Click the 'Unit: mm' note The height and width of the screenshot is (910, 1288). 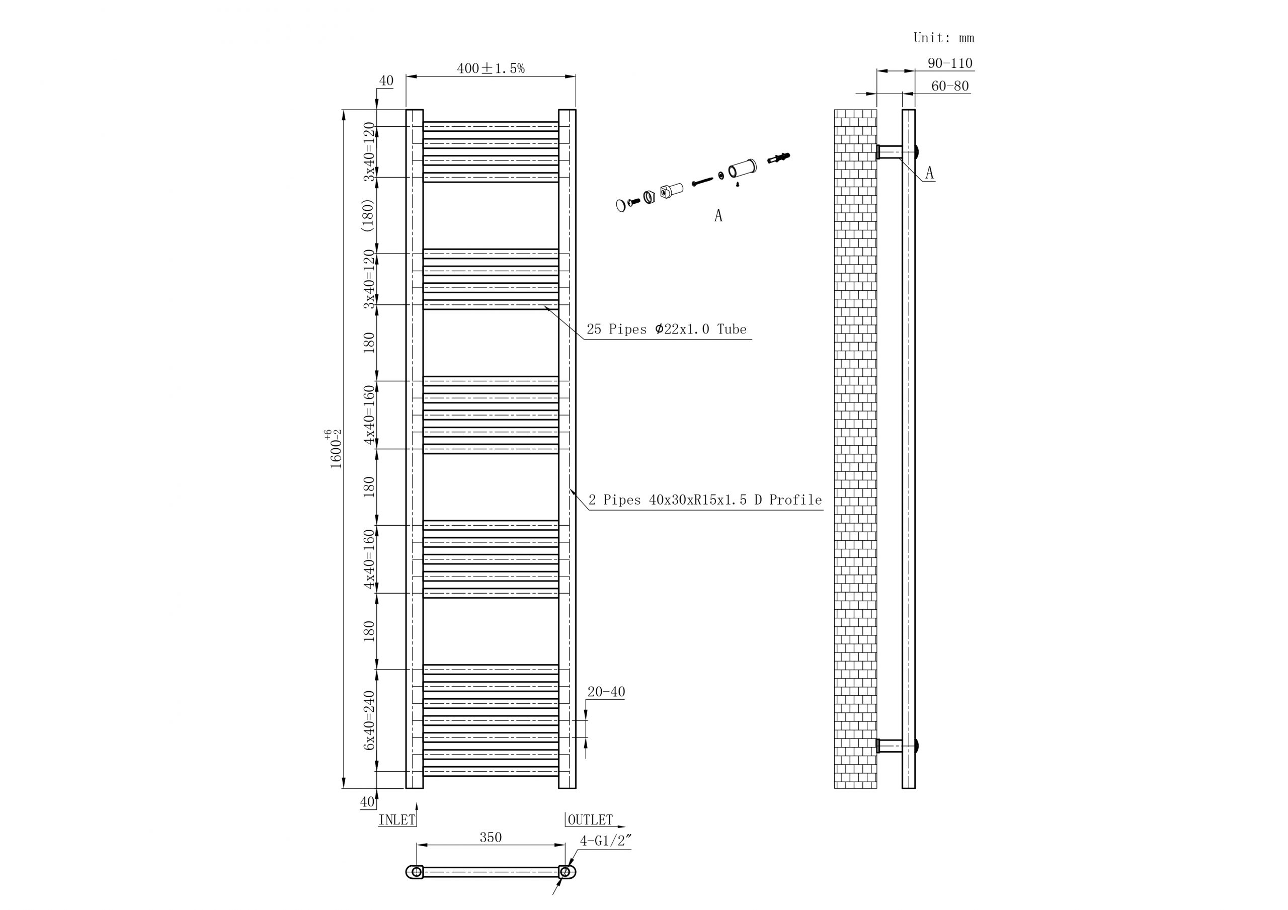pyautogui.click(x=943, y=38)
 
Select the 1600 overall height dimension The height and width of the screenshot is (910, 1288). pyautogui.click(x=335, y=449)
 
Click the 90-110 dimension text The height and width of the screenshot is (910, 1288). pyautogui.click(x=949, y=63)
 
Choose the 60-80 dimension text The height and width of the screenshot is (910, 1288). pyautogui.click(x=949, y=87)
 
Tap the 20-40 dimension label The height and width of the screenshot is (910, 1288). pyautogui.click(x=605, y=692)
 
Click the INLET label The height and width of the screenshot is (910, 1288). pyautogui.click(x=396, y=820)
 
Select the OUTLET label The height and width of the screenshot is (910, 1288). pyautogui.click(x=590, y=820)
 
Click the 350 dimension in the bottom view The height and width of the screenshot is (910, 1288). pyautogui.click(x=490, y=838)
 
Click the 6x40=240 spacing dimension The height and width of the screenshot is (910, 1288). pyautogui.click(x=369, y=720)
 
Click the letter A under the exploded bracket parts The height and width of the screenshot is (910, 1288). pyautogui.click(x=718, y=216)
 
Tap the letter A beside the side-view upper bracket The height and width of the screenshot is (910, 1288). pyautogui.click(x=930, y=173)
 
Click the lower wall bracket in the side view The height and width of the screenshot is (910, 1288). pyautogui.click(x=890, y=746)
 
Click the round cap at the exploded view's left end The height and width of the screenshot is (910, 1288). pyautogui.click(x=620, y=205)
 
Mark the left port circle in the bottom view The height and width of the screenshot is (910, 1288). pyautogui.click(x=416, y=872)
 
